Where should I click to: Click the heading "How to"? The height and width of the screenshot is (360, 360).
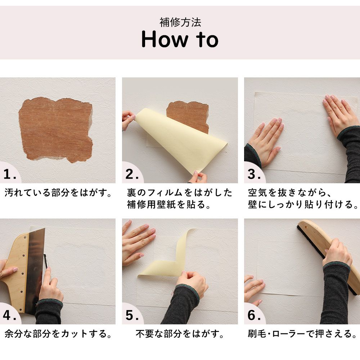tap(180, 40)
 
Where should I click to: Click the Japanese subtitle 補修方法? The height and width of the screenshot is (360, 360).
tap(180, 22)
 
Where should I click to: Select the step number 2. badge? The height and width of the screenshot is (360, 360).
tap(132, 175)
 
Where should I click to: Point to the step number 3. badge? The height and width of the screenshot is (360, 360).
tap(254, 175)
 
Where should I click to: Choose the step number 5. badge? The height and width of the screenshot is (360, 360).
tap(132, 316)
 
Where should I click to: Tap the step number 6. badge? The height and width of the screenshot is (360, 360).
tap(254, 316)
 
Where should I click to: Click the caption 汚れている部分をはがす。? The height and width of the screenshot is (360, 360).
tap(58, 193)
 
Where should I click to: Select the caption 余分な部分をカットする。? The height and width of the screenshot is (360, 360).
tap(58, 334)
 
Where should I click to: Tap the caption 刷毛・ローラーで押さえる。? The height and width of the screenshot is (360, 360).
tap(302, 334)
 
